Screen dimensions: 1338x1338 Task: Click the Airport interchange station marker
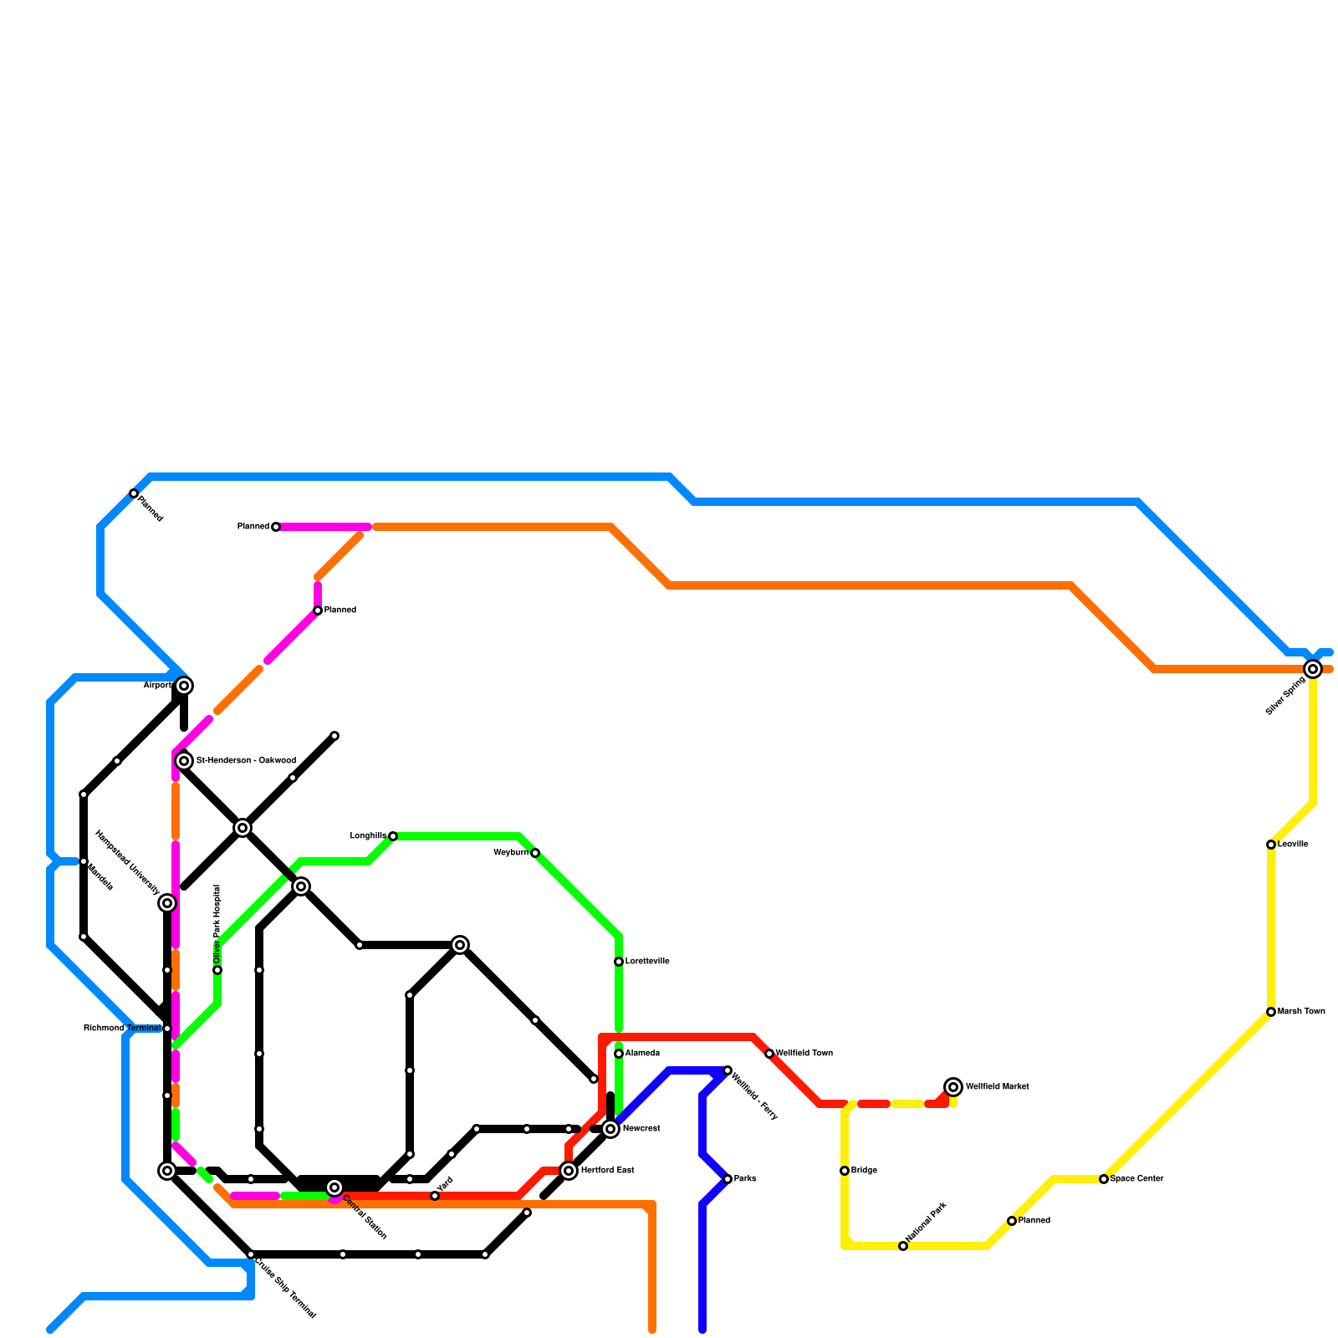[184, 686]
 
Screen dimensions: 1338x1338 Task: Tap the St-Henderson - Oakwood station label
[246, 761]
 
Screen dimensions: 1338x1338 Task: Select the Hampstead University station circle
[167, 903]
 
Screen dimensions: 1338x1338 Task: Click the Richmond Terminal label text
[121, 1029]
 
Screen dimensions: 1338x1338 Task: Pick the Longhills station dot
[393, 836]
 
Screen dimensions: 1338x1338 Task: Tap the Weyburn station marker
[535, 853]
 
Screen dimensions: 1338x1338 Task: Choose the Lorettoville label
[647, 962]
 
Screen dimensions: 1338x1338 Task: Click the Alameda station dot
[619, 1054]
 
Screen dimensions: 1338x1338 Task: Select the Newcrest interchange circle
[610, 1129]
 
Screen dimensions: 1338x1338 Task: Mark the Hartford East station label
[607, 1171]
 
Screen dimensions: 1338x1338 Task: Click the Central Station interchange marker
[334, 1187]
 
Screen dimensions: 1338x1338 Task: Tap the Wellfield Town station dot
[769, 1054]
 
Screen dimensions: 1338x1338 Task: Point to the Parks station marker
[728, 1179]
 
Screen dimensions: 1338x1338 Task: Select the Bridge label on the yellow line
[864, 1171]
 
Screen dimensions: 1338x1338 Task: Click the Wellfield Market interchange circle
[953, 1087]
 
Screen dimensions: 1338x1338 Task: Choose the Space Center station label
[1136, 1179]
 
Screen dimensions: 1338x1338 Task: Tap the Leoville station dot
[1271, 845]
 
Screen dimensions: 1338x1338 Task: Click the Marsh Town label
[1301, 1012]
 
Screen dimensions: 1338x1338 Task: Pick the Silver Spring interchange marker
[1313, 669]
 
